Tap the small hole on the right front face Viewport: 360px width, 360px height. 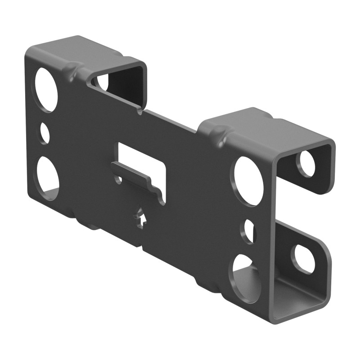pyautogui.click(x=249, y=231)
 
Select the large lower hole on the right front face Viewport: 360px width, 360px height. pyautogui.click(x=246, y=277)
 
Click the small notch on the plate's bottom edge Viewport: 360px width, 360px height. pyautogui.click(x=142, y=247)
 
